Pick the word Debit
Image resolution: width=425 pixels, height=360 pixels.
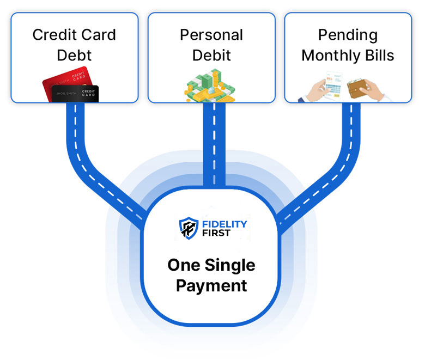[x=211, y=55]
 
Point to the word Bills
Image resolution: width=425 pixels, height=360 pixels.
[x=376, y=55]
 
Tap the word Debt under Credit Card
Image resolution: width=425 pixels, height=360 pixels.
[x=74, y=55]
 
